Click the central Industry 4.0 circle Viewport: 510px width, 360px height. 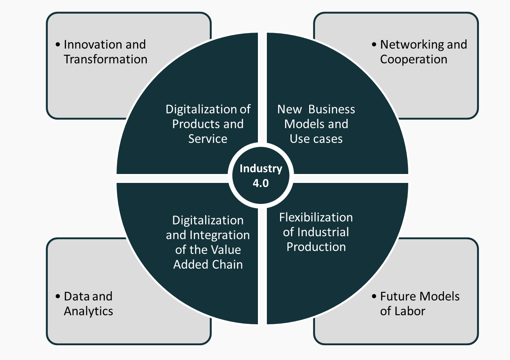pyautogui.click(x=261, y=175)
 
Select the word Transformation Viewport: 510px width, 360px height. pyautogui.click(x=106, y=59)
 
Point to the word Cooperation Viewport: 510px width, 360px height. pyautogui.click(x=414, y=59)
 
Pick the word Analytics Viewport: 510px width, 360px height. pyautogui.click(x=89, y=311)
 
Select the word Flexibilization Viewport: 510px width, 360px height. pyautogui.click(x=316, y=217)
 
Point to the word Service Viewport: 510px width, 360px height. pyautogui.click(x=208, y=139)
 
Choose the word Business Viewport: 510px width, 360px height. pyautogui.click(x=332, y=110)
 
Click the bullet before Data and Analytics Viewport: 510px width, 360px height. pyautogui.click(x=58, y=297)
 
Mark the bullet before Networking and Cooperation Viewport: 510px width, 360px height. pyautogui.click(x=374, y=45)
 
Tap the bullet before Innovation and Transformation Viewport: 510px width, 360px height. pyautogui.click(x=58, y=45)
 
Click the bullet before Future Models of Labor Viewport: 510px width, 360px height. pyautogui.click(x=374, y=297)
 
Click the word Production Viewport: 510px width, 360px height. pyautogui.click(x=316, y=247)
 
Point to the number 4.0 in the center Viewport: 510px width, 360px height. pyautogui.click(x=261, y=183)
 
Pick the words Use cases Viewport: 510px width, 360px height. pyautogui.click(x=316, y=139)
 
